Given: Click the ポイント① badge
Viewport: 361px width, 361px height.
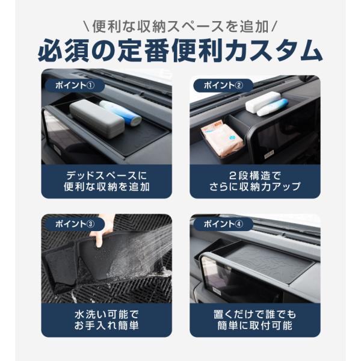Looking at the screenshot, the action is tap(75, 85).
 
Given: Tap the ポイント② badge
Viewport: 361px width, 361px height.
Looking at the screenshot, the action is tap(223, 85).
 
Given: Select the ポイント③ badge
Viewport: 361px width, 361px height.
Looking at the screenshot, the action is tap(75, 224).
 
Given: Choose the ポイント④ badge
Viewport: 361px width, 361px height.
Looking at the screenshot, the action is tap(223, 224).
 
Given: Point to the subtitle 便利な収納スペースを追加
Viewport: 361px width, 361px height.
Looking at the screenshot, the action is tap(180, 26).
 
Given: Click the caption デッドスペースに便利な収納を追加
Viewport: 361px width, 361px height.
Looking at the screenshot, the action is tap(106, 182).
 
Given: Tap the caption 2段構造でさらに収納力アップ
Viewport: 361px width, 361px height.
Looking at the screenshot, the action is tap(255, 182).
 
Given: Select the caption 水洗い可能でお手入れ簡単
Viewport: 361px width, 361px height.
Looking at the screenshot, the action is tap(106, 320).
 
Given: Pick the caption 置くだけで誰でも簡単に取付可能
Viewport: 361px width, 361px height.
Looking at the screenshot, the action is tap(255, 320).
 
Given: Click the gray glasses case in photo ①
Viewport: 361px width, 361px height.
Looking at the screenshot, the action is tap(97, 118).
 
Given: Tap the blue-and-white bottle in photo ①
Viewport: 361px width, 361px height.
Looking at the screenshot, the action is tap(121, 113).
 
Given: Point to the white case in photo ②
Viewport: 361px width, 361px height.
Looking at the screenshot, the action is tap(262, 102).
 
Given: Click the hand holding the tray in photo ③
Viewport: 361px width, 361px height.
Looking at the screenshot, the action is tap(101, 230).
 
